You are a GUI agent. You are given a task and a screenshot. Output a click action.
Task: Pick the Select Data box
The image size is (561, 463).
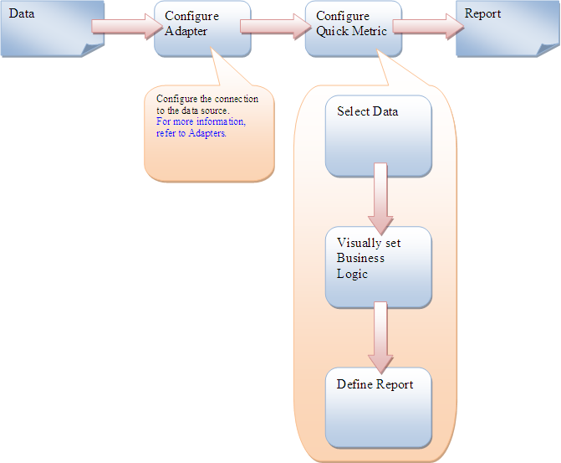point(378,136)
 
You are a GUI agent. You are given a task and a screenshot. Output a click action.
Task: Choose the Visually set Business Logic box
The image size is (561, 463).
point(378,266)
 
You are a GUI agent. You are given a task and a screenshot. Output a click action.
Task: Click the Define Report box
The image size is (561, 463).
point(378,406)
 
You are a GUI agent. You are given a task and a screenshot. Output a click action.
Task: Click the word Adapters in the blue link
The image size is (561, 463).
point(207,132)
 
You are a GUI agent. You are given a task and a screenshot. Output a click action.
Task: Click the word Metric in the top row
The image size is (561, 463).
point(369,32)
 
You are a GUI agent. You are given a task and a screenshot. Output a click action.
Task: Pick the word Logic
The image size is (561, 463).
point(352,274)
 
